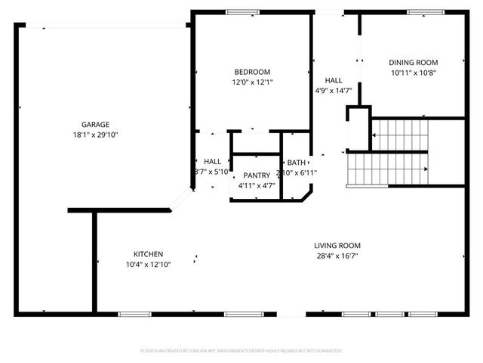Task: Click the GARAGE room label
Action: [96, 125]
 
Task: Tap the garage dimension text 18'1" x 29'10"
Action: [96, 135]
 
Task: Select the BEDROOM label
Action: [252, 72]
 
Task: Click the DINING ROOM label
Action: [414, 63]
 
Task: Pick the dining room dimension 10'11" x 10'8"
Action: [414, 73]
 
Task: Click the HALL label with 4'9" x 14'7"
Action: [333, 80]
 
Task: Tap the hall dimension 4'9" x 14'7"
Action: [333, 90]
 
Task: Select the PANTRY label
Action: [256, 175]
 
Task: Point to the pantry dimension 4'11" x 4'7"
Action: [256, 185]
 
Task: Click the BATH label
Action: [297, 163]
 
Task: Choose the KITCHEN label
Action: [149, 254]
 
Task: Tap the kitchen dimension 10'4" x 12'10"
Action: [149, 264]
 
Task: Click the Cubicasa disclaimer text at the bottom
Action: [241, 351]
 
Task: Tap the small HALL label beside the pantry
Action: [212, 162]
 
